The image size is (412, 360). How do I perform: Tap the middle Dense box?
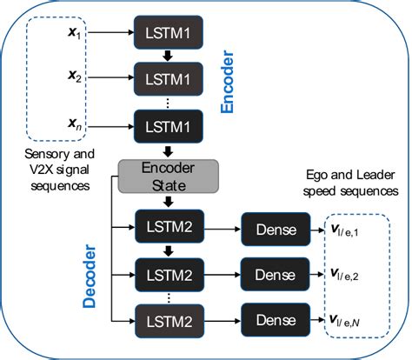pos(274,275)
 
